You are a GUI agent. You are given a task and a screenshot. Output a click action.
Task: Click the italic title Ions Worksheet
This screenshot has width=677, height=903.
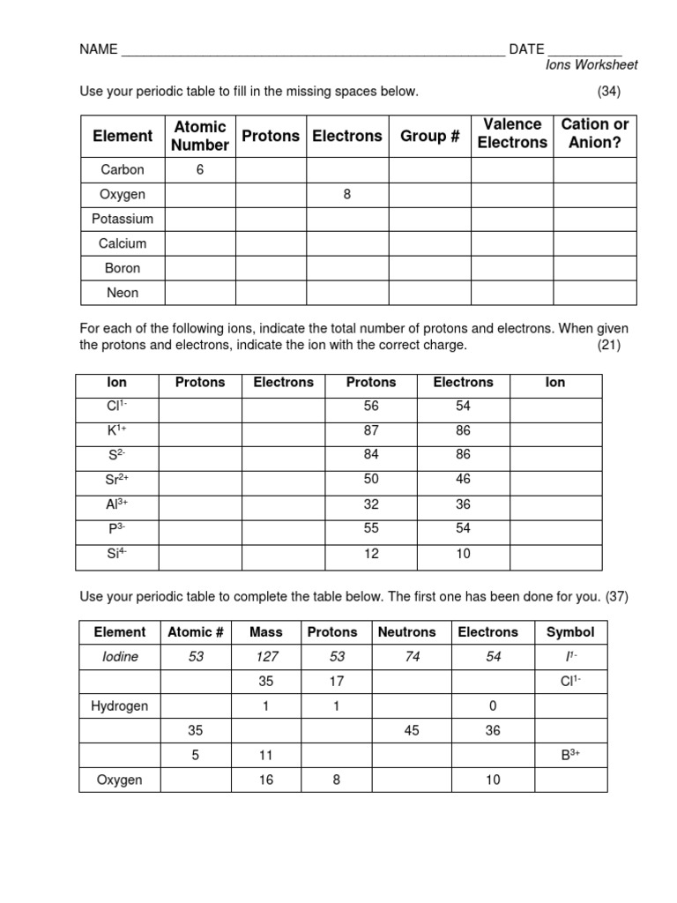click(591, 64)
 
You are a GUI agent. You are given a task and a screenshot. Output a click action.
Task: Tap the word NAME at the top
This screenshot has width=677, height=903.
click(98, 49)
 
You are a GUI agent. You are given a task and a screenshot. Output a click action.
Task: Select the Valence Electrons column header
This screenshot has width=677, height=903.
click(512, 133)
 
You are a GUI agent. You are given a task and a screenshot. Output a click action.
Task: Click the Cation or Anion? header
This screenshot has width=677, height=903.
click(595, 133)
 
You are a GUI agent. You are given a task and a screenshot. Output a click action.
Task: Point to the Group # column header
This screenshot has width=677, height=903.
click(429, 136)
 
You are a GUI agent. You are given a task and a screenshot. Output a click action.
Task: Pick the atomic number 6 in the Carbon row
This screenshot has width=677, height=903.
click(200, 169)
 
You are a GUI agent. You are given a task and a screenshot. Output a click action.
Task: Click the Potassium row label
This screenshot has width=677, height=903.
click(123, 219)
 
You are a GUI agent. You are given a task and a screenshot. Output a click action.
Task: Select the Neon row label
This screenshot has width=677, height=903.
click(123, 293)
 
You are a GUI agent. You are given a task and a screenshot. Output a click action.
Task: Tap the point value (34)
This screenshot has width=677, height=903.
click(609, 91)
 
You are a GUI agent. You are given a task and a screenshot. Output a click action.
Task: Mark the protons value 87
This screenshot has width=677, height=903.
click(370, 430)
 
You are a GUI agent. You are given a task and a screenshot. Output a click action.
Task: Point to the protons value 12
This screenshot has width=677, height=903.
click(370, 554)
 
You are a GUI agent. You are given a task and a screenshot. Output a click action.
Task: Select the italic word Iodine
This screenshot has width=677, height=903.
click(120, 657)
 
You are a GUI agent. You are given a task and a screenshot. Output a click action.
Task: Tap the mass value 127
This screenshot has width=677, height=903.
click(266, 657)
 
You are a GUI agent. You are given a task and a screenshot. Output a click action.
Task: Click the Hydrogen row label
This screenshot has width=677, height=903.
click(120, 705)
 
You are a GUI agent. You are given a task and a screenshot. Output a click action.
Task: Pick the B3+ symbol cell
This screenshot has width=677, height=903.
click(570, 755)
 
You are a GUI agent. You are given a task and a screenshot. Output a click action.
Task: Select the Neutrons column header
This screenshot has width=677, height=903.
click(406, 632)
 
